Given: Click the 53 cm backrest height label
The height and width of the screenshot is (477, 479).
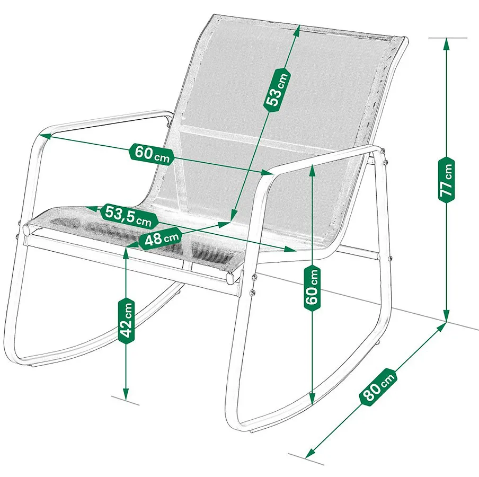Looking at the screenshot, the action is (x=276, y=89).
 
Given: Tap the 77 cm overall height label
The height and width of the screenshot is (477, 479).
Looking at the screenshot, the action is (x=446, y=180).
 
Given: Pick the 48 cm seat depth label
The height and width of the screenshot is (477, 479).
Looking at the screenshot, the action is (x=161, y=238).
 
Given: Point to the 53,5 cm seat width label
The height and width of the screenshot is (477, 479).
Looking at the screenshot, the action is (x=129, y=216).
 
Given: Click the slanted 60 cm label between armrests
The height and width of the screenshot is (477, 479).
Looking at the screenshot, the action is (x=152, y=154).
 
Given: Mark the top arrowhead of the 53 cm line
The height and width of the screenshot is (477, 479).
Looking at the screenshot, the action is (x=297, y=30).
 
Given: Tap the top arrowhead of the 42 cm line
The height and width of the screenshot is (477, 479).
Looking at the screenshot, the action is (x=126, y=252).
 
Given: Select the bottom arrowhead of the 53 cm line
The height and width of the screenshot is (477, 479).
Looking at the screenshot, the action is (x=233, y=215).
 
